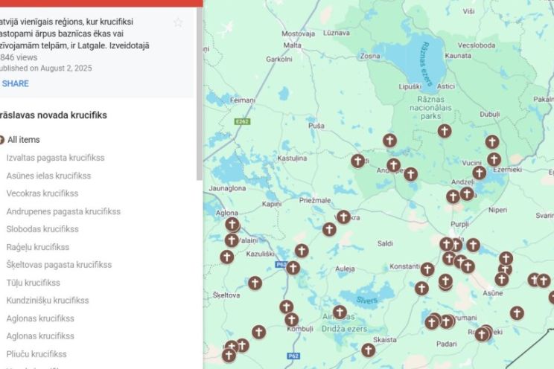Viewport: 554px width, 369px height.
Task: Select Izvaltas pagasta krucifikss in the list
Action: pyautogui.click(x=55, y=158)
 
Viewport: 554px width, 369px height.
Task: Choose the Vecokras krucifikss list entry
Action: pyautogui.click(x=42, y=193)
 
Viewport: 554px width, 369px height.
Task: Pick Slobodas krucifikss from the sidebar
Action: pyautogui.click(x=42, y=229)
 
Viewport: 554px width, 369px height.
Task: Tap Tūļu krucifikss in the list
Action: pyautogui.click(x=34, y=283)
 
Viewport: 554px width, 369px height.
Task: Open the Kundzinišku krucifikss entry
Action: pyautogui.click(x=48, y=301)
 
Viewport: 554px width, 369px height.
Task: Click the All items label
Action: pyautogui.click(x=24, y=140)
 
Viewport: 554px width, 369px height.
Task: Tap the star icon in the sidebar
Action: pyautogui.click(x=178, y=22)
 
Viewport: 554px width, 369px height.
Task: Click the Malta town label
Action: pyautogui.click(x=293, y=45)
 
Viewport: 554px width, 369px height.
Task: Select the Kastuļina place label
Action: pyautogui.click(x=292, y=158)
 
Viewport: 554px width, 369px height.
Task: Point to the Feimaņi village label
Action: pyautogui.click(x=243, y=99)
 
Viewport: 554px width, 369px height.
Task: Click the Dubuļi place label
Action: pyautogui.click(x=490, y=114)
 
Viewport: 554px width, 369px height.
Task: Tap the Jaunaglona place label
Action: pyautogui.click(x=227, y=188)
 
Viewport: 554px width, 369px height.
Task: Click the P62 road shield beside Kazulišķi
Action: pyautogui.click(x=281, y=264)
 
